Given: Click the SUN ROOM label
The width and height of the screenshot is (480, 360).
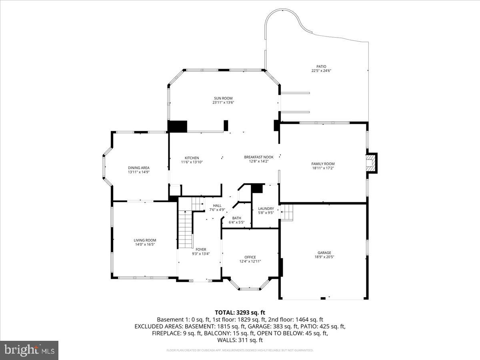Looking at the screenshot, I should (223, 98).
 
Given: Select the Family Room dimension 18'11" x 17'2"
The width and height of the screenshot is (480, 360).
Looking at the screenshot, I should (323, 168).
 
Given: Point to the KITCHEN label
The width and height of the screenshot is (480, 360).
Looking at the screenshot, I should (192, 158).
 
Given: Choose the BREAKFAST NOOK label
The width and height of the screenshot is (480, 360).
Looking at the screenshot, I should (259, 157).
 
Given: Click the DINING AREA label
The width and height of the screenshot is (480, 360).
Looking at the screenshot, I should (139, 168).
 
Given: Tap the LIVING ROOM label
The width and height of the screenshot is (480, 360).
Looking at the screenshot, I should (145, 240).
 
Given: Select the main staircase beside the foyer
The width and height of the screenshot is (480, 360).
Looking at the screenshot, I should (185, 230).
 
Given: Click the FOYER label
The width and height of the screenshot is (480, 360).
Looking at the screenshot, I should (201, 250).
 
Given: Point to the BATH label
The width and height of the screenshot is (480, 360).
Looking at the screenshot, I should (236, 218).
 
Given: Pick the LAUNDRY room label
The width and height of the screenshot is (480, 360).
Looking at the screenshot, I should (266, 208).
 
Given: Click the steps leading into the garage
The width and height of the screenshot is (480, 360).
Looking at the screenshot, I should (287, 212).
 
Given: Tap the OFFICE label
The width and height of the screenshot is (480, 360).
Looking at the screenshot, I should (250, 257).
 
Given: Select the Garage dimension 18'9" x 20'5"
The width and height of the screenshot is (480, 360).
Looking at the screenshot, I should (324, 257).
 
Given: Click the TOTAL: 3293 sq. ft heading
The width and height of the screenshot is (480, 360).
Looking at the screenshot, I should (240, 312).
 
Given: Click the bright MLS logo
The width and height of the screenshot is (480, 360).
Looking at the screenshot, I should (29, 350).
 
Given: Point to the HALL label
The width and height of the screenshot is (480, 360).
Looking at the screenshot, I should (217, 206).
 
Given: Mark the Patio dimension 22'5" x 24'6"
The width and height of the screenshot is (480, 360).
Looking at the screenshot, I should (322, 71).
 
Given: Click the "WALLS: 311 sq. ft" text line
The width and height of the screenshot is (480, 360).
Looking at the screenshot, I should (240, 340).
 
